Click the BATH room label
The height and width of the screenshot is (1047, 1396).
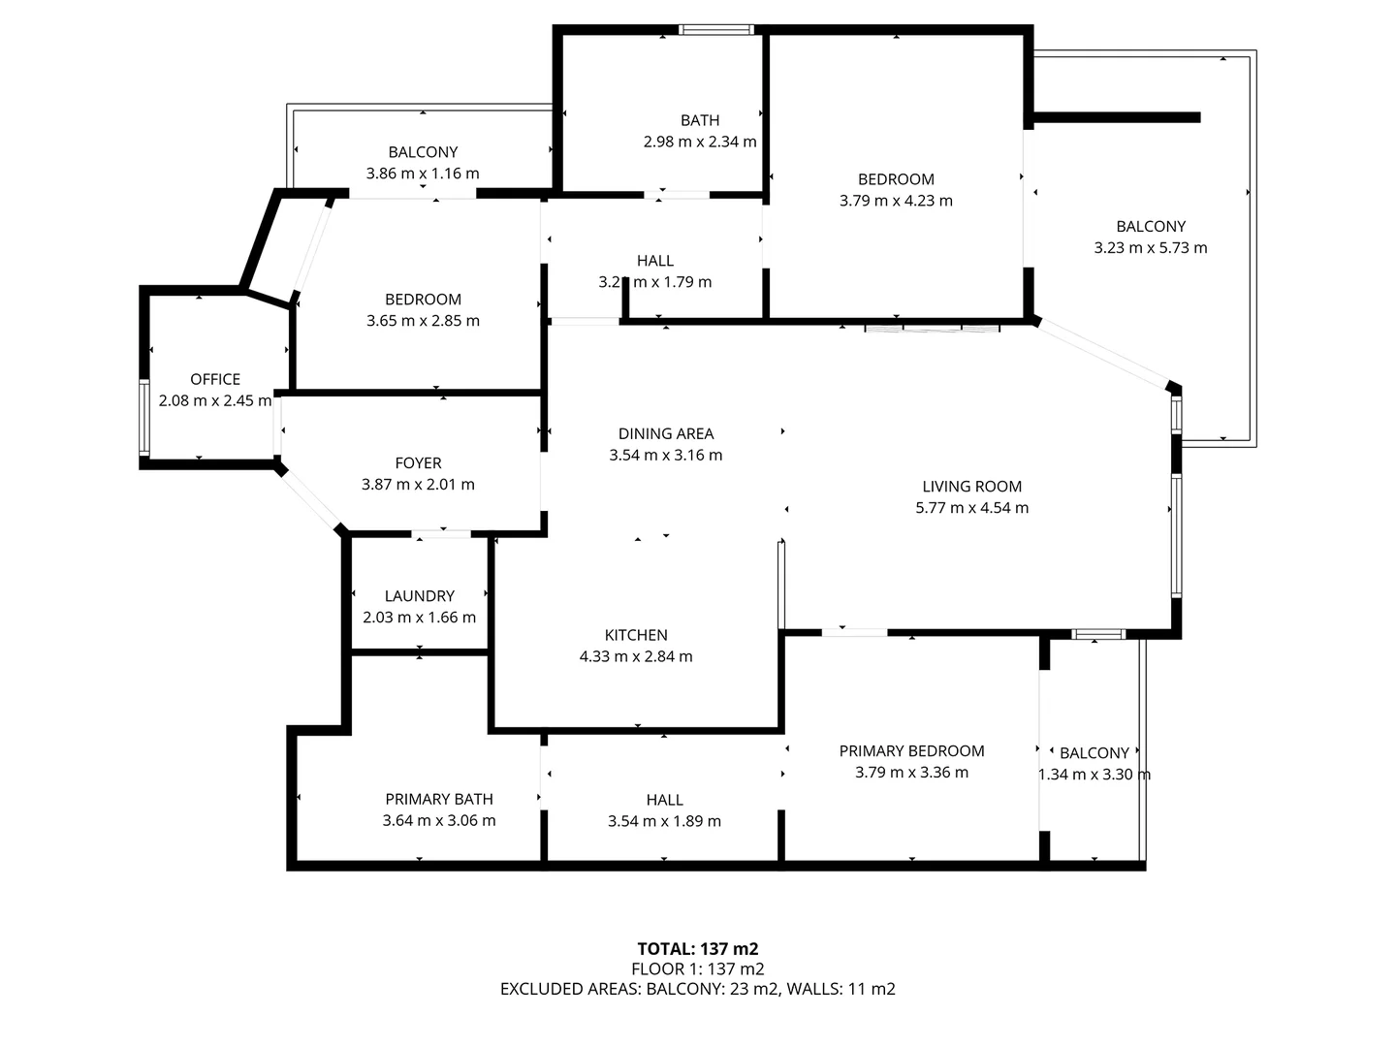click(x=700, y=120)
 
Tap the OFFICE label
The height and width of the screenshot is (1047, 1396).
click(x=215, y=379)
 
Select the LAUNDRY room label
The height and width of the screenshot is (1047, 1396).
click(x=419, y=596)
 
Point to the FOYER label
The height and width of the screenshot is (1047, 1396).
click(x=418, y=463)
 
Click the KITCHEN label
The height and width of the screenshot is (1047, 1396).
click(x=636, y=635)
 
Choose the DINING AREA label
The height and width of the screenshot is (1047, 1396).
click(x=666, y=433)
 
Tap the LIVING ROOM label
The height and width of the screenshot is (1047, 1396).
click(x=971, y=487)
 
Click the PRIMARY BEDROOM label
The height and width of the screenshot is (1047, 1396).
click(x=911, y=751)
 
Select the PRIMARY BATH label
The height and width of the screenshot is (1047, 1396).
click(x=439, y=799)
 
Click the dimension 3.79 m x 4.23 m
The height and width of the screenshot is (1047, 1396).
click(x=896, y=201)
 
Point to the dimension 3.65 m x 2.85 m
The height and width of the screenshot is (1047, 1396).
click(x=423, y=321)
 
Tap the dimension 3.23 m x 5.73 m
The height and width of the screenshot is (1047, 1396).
click(x=1151, y=247)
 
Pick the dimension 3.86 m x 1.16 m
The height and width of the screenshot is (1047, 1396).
click(x=423, y=174)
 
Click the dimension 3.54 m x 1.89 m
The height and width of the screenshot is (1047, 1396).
click(x=664, y=821)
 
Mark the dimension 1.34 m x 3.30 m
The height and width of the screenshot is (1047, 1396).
click(x=1095, y=775)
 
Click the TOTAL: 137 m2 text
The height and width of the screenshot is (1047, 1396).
click(x=697, y=949)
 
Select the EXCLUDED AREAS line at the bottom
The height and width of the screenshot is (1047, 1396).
click(x=697, y=989)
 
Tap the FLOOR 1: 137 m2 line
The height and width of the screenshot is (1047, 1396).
click(x=697, y=968)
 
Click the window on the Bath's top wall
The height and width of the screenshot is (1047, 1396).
click(x=716, y=30)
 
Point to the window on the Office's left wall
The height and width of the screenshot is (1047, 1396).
click(x=144, y=417)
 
